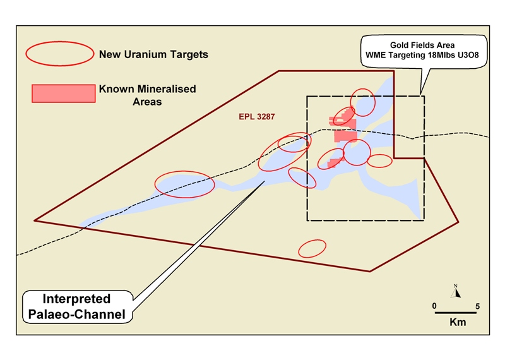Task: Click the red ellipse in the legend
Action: coord(59,54)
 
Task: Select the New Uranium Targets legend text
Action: coord(153,55)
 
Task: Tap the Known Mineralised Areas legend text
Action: coord(147,95)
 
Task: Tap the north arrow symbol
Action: coord(455,292)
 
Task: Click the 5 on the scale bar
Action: coord(477,306)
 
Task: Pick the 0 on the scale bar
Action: coord(434,306)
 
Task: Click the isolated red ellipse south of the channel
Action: coord(312,248)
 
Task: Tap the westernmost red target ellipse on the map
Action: coord(185,184)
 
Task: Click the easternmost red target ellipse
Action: coord(379,161)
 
